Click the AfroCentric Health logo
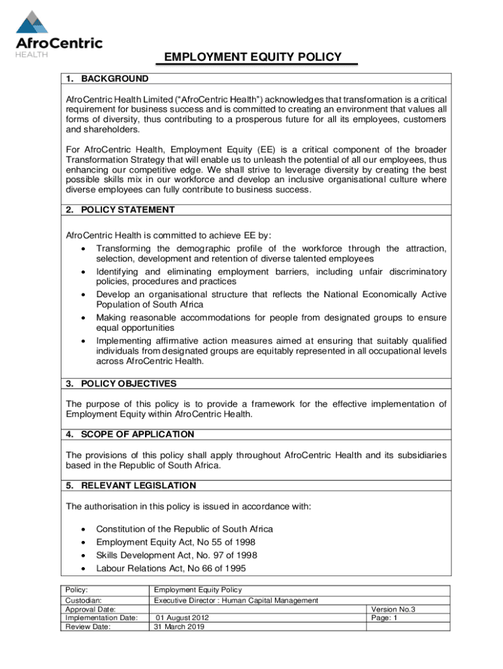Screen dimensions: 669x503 click(x=59, y=33)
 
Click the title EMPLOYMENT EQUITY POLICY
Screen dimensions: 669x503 click(x=253, y=57)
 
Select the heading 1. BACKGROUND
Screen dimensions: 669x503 click(x=107, y=79)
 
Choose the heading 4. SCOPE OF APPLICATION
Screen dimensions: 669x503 click(x=130, y=434)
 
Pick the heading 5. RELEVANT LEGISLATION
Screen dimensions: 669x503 click(x=131, y=485)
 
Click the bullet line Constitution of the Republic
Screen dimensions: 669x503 click(x=184, y=529)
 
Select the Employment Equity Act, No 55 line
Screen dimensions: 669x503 click(x=175, y=542)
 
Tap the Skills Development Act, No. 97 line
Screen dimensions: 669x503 click(x=176, y=555)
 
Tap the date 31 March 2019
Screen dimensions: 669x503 click(x=179, y=627)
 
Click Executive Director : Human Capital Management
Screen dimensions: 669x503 click(x=236, y=600)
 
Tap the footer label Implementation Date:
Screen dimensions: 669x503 click(x=101, y=617)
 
